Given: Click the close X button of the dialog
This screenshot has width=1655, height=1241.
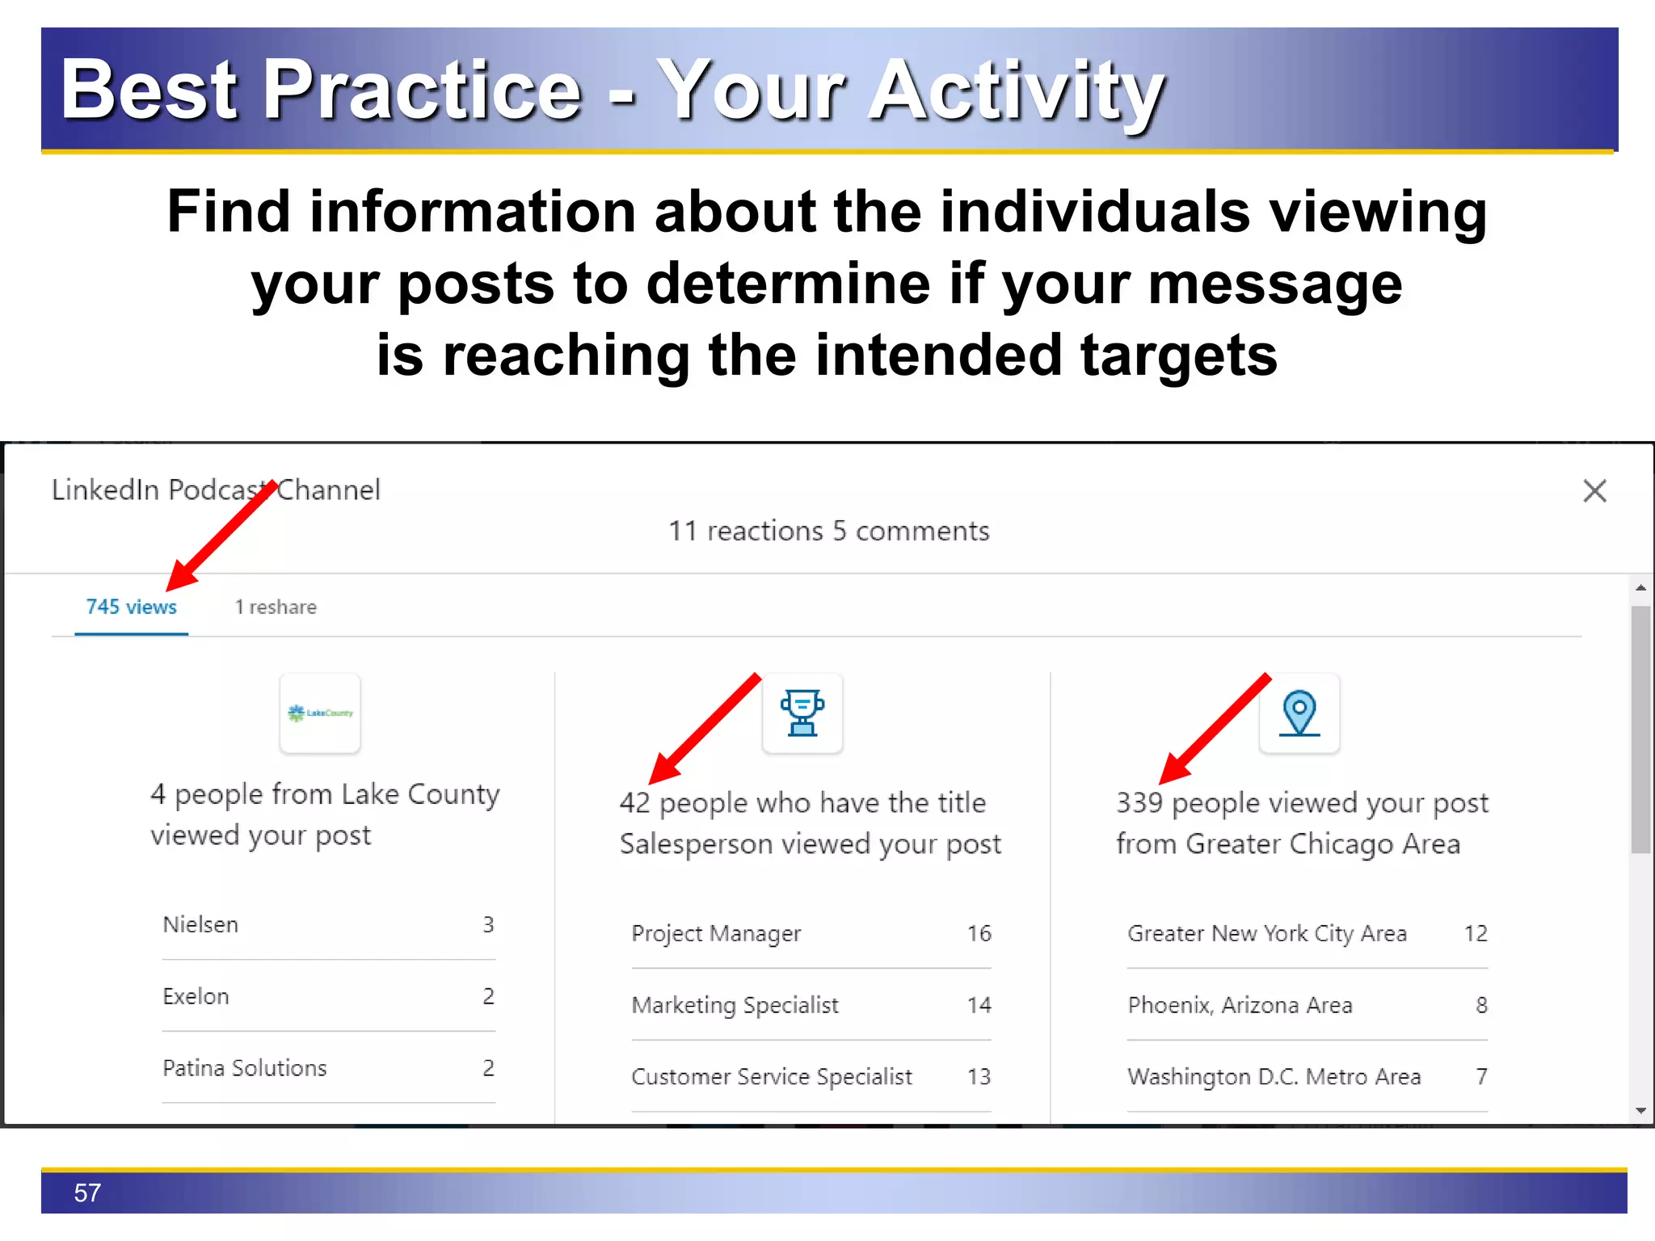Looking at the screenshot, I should click(1594, 490).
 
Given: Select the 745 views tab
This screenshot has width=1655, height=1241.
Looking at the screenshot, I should click(131, 607).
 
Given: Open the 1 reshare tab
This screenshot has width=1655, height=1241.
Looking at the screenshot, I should click(276, 607).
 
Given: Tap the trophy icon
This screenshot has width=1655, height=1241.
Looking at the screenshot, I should click(802, 713).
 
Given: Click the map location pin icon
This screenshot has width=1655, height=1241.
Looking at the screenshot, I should click(1299, 713).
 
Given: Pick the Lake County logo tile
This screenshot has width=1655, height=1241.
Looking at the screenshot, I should click(320, 713).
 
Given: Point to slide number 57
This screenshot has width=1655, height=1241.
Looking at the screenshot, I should click(87, 1193).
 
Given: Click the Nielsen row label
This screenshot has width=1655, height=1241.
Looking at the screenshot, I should click(200, 924).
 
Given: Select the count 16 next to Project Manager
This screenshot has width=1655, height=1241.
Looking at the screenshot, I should click(979, 933).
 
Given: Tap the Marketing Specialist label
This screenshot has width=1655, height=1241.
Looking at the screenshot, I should click(735, 1005).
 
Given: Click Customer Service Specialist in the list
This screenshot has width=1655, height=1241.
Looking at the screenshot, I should click(771, 1076).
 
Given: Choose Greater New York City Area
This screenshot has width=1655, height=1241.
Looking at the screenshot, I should click(1266, 933).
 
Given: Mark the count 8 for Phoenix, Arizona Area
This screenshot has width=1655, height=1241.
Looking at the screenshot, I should click(1480, 1005).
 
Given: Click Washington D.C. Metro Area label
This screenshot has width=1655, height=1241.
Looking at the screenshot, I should click(1274, 1076).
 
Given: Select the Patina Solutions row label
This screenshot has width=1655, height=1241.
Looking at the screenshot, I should click(244, 1067).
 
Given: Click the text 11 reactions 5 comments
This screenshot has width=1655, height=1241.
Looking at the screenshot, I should click(828, 531).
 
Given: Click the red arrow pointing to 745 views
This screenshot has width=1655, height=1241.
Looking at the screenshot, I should click(222, 533).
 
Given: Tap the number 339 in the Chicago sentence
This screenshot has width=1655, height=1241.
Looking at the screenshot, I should click(1139, 802).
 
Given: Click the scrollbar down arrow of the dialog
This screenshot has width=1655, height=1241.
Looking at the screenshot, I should click(1640, 1110).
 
